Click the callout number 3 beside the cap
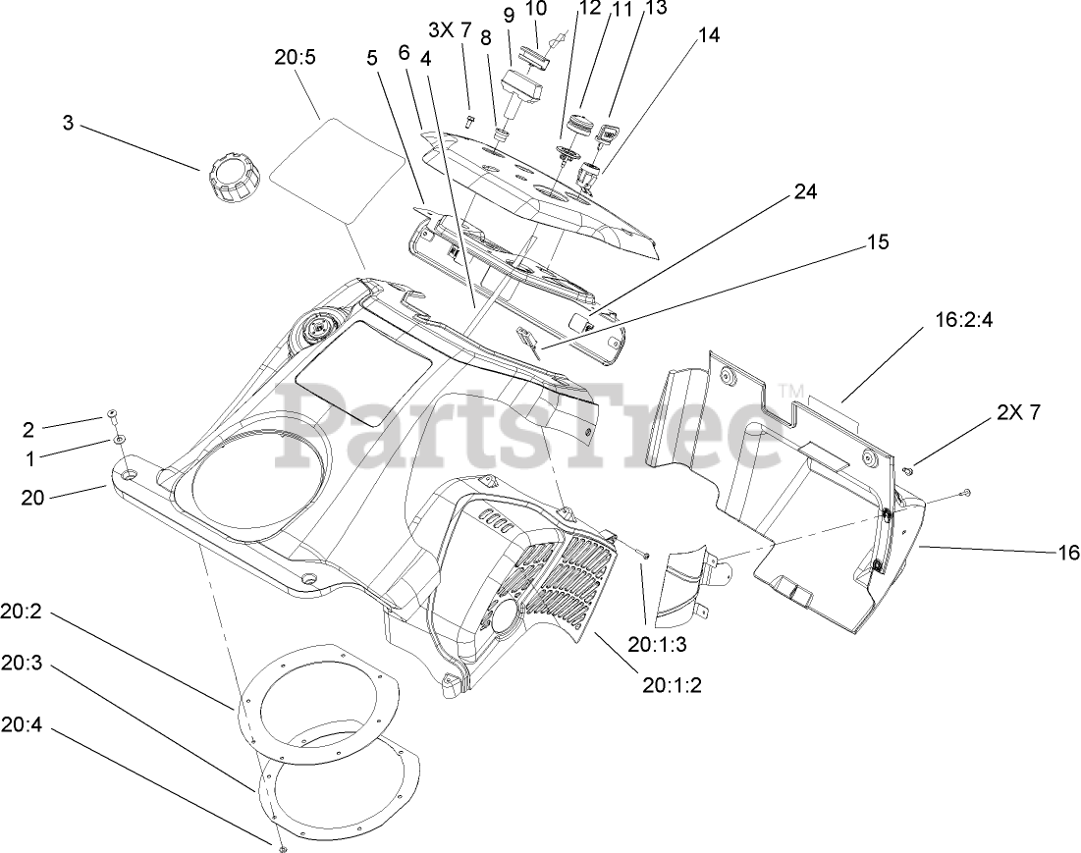pyautogui.click(x=68, y=125)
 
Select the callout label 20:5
pyautogui.click(x=295, y=58)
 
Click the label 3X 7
pyautogui.click(x=451, y=29)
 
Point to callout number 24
pyautogui.click(x=805, y=191)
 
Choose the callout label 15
pyautogui.click(x=878, y=240)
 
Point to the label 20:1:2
pyautogui.click(x=673, y=684)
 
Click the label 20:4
pyautogui.click(x=21, y=726)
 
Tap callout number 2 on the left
pyautogui.click(x=27, y=428)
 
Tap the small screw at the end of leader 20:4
pyautogui.click(x=281, y=846)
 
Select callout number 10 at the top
pyautogui.click(x=536, y=9)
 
